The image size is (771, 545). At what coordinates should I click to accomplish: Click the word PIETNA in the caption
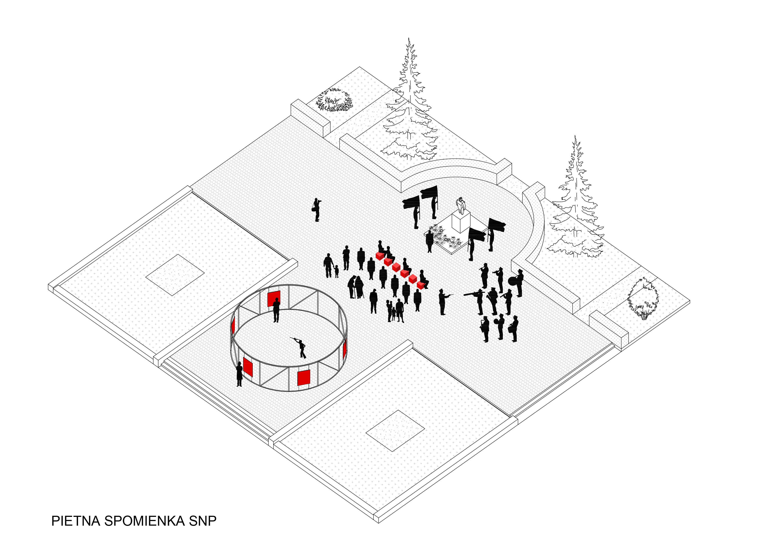[x=76, y=521]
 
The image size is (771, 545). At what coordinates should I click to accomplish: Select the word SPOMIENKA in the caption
[x=144, y=521]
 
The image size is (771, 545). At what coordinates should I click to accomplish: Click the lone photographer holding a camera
[x=316, y=210]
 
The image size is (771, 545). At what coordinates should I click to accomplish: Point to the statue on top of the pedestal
[x=461, y=206]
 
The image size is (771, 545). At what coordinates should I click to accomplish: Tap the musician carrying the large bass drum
[x=517, y=283]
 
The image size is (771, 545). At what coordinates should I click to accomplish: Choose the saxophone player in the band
[x=485, y=329]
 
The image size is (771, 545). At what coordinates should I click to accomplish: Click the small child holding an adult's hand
[x=336, y=271]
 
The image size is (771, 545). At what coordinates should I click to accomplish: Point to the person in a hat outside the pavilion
[x=239, y=374]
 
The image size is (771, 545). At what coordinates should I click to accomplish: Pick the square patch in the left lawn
[x=175, y=275]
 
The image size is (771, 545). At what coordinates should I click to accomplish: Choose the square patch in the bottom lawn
[x=395, y=431]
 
